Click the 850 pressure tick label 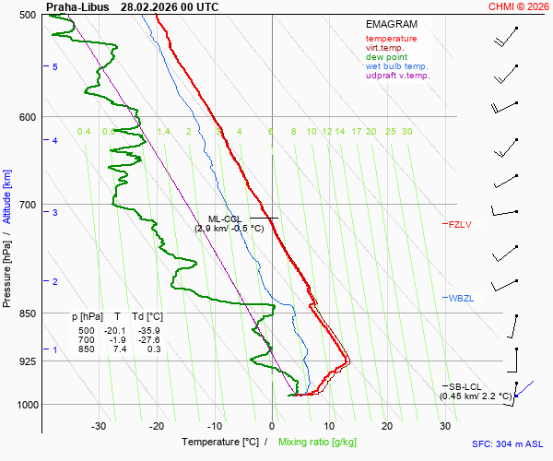coord(27,313)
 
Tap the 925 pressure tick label coord(27,361)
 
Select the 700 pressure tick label coord(27,205)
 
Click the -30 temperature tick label coord(99,426)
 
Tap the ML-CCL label coord(224,219)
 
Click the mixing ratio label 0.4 coord(84,132)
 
